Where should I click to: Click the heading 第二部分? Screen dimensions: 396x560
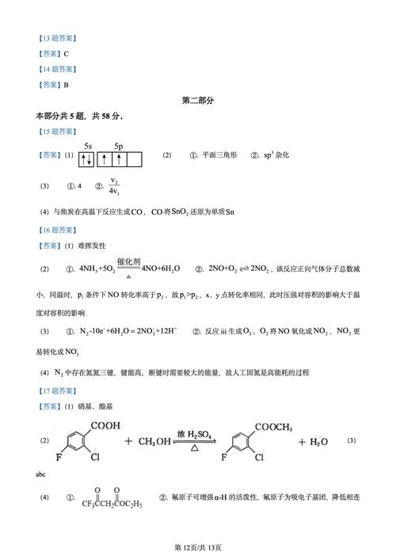[198, 101]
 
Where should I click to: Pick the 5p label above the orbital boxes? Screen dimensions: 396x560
[119, 147]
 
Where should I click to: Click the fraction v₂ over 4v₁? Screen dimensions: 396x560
[115, 187]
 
